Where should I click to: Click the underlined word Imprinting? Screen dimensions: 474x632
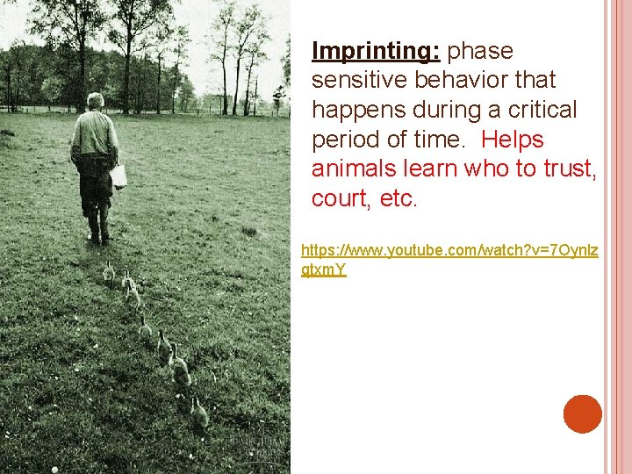pos(377,51)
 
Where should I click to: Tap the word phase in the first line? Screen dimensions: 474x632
pos(480,51)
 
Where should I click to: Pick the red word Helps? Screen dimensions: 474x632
pos(513,140)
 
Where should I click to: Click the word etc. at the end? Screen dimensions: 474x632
pos(399,199)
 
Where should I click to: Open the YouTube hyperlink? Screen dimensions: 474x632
pos(449,251)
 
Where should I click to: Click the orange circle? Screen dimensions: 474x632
pos(583,414)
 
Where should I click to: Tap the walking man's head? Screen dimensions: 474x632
pos(95,101)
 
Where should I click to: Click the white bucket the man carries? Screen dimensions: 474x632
pos(118,176)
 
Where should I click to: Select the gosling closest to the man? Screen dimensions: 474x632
pos(109,272)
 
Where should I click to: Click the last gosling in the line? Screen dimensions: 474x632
pos(199,412)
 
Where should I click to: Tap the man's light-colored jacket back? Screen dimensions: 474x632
pos(94,132)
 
